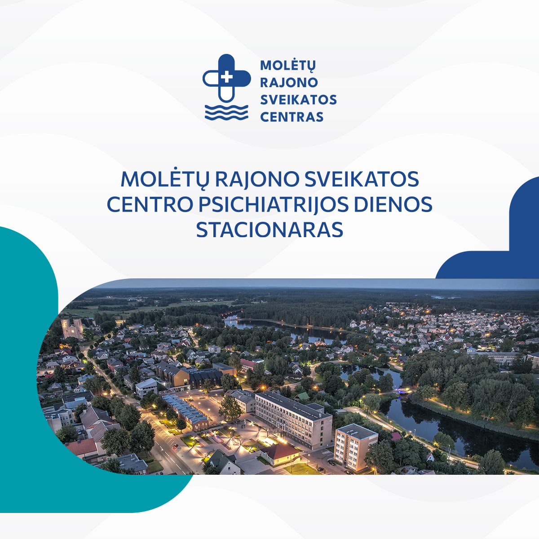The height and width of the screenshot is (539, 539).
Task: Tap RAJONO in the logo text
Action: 289,83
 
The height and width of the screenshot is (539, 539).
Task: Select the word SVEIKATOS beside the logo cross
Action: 298,100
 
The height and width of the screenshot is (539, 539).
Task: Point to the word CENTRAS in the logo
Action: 292,117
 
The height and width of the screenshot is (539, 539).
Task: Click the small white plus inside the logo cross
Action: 226,77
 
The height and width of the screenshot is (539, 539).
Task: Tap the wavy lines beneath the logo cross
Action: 226,113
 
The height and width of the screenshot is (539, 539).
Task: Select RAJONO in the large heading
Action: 257,179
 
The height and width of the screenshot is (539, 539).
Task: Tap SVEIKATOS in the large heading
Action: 362,179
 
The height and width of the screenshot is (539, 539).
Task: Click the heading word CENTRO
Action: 150,204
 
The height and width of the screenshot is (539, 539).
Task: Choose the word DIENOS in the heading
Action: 393,204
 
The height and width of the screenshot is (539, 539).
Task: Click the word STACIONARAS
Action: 269,230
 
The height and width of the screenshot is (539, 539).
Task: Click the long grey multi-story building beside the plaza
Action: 293,418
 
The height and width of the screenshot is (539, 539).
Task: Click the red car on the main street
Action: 175,446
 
